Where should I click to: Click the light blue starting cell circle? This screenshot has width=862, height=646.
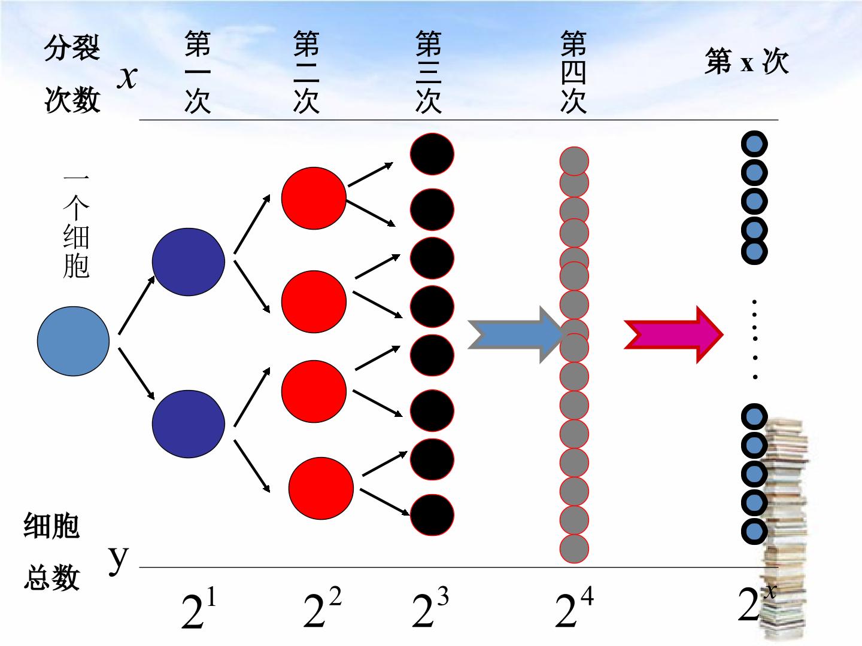[74, 341]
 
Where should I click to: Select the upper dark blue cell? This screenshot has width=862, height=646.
[189, 261]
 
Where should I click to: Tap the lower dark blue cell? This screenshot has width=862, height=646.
[189, 423]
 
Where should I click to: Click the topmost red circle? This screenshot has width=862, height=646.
[314, 198]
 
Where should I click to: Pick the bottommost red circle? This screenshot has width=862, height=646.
[321, 488]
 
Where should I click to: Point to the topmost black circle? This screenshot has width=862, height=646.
[432, 154]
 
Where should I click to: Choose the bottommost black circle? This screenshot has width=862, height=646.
[432, 515]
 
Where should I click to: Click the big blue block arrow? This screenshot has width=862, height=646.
[515, 334]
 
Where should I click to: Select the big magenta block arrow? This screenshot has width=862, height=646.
[673, 334]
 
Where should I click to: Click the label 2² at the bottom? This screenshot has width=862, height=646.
[322, 607]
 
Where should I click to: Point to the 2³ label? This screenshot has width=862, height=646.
[430, 607]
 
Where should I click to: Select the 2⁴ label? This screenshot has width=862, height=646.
[574, 607]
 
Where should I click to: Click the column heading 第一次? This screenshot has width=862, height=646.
[198, 72]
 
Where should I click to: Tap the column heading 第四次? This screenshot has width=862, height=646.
[573, 72]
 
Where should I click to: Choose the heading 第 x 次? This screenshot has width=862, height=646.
[746, 61]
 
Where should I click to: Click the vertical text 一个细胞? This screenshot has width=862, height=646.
[76, 226]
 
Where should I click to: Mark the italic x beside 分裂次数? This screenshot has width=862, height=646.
[128, 77]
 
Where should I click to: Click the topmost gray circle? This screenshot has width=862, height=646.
[574, 161]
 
